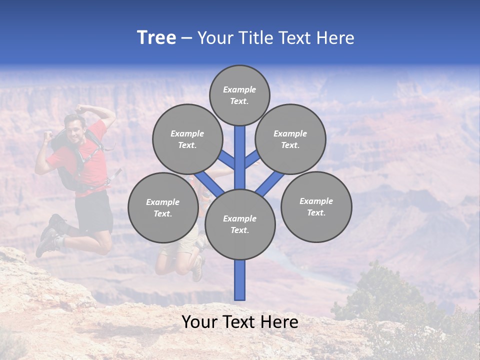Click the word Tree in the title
pyautogui.click(x=156, y=37)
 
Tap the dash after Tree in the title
pyautogui.click(x=186, y=38)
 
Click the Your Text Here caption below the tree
pyautogui.click(x=239, y=322)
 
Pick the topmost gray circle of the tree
pyautogui.click(x=239, y=95)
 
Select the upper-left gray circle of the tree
pyautogui.click(x=187, y=139)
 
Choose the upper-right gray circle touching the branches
pyautogui.click(x=290, y=139)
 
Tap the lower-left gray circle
pyautogui.click(x=162, y=207)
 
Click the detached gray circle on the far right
pyautogui.click(x=316, y=206)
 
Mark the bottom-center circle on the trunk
pyautogui.click(x=240, y=224)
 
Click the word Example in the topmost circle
pyautogui.click(x=239, y=89)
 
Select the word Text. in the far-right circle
pyautogui.click(x=316, y=212)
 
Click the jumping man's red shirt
pyautogui.click(x=92, y=165)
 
